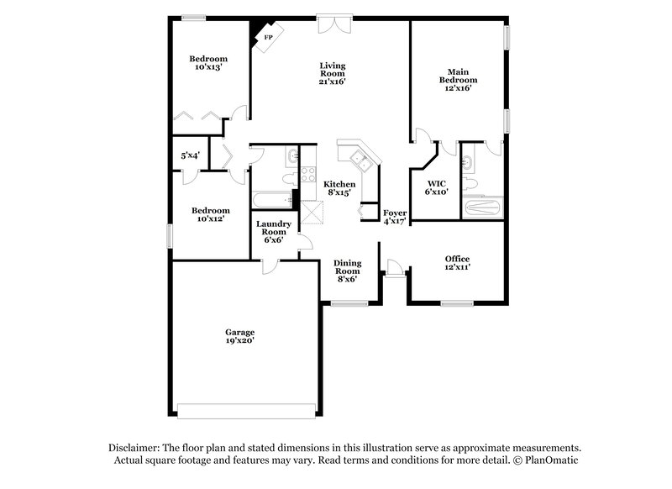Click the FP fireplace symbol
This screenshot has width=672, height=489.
[269, 38]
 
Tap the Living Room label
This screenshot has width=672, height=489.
[333, 73]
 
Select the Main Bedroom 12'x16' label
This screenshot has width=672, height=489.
[457, 80]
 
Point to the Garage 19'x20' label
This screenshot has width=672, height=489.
[239, 336]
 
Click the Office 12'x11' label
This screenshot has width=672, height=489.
[457, 262]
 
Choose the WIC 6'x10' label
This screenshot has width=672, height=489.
[437, 187]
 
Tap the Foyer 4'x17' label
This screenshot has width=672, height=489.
[395, 218]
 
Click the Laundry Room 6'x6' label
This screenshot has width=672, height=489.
[274, 231]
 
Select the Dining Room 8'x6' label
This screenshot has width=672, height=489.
[348, 271]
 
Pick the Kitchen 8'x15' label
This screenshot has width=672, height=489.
[340, 188]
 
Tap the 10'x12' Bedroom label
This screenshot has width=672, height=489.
[209, 214]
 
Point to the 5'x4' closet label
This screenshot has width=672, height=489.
[191, 155]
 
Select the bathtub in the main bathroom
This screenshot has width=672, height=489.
[482, 208]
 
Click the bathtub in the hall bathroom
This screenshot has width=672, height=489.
[271, 200]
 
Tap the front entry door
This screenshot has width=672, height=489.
[393, 270]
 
